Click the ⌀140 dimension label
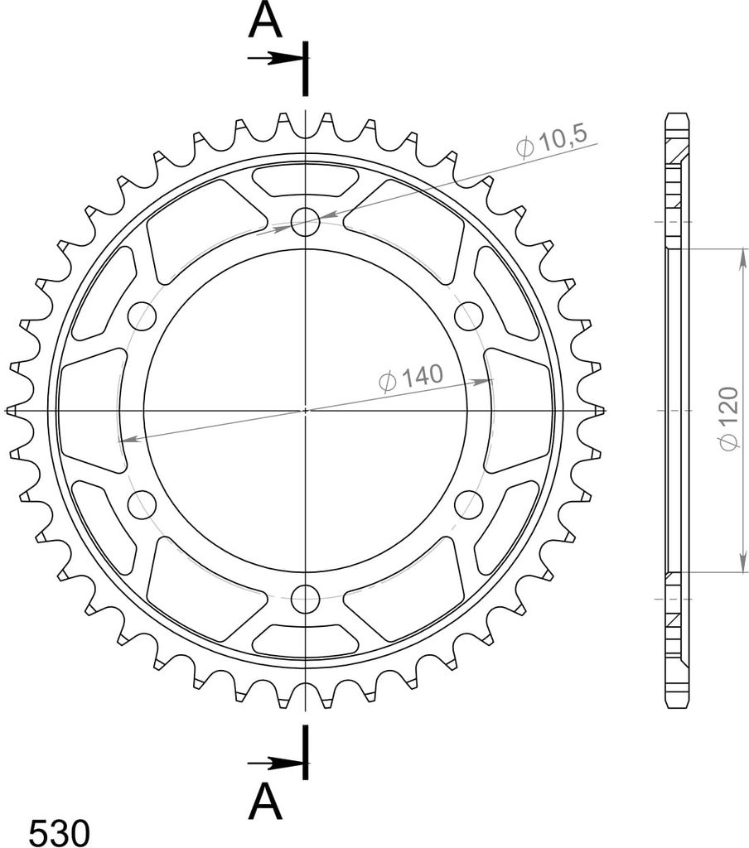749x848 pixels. click(411, 377)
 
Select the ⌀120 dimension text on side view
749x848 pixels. click(729, 417)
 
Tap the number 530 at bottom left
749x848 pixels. click(59, 831)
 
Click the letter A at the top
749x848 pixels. click(265, 22)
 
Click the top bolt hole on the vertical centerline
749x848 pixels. click(305, 221)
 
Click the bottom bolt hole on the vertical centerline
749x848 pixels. click(305, 599)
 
